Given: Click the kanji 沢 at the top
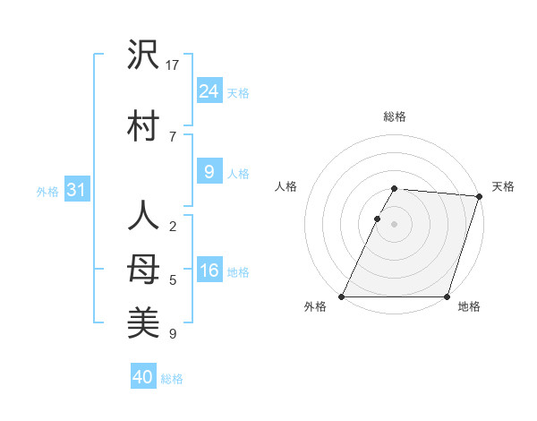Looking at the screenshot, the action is pyautogui.click(x=143, y=56).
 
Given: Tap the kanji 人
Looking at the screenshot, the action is pyautogui.click(x=143, y=216).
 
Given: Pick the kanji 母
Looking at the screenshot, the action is pyautogui.click(x=143, y=269).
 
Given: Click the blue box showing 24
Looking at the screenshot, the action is pyautogui.click(x=209, y=90).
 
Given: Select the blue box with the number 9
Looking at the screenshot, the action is pyautogui.click(x=209, y=172).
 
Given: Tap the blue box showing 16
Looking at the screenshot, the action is pyautogui.click(x=209, y=271).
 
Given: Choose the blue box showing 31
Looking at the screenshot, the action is pyautogui.click(x=76, y=190).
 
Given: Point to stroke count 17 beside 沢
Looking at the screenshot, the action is pyautogui.click(x=173, y=64).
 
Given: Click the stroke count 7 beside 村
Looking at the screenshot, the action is pyautogui.click(x=172, y=136).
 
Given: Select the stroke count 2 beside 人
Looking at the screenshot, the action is pyautogui.click(x=172, y=227).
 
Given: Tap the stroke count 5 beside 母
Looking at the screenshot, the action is pyautogui.click(x=172, y=280).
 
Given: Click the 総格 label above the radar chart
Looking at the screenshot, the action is pyautogui.click(x=395, y=116).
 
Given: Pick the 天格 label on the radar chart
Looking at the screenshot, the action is pyautogui.click(x=503, y=186).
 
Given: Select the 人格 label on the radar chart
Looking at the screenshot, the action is pyautogui.click(x=286, y=186).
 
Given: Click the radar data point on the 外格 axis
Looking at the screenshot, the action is pyautogui.click(x=342, y=296).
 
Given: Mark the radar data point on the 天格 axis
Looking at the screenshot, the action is pyautogui.click(x=480, y=196).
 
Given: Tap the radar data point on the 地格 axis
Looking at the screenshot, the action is pyautogui.click(x=447, y=296).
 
